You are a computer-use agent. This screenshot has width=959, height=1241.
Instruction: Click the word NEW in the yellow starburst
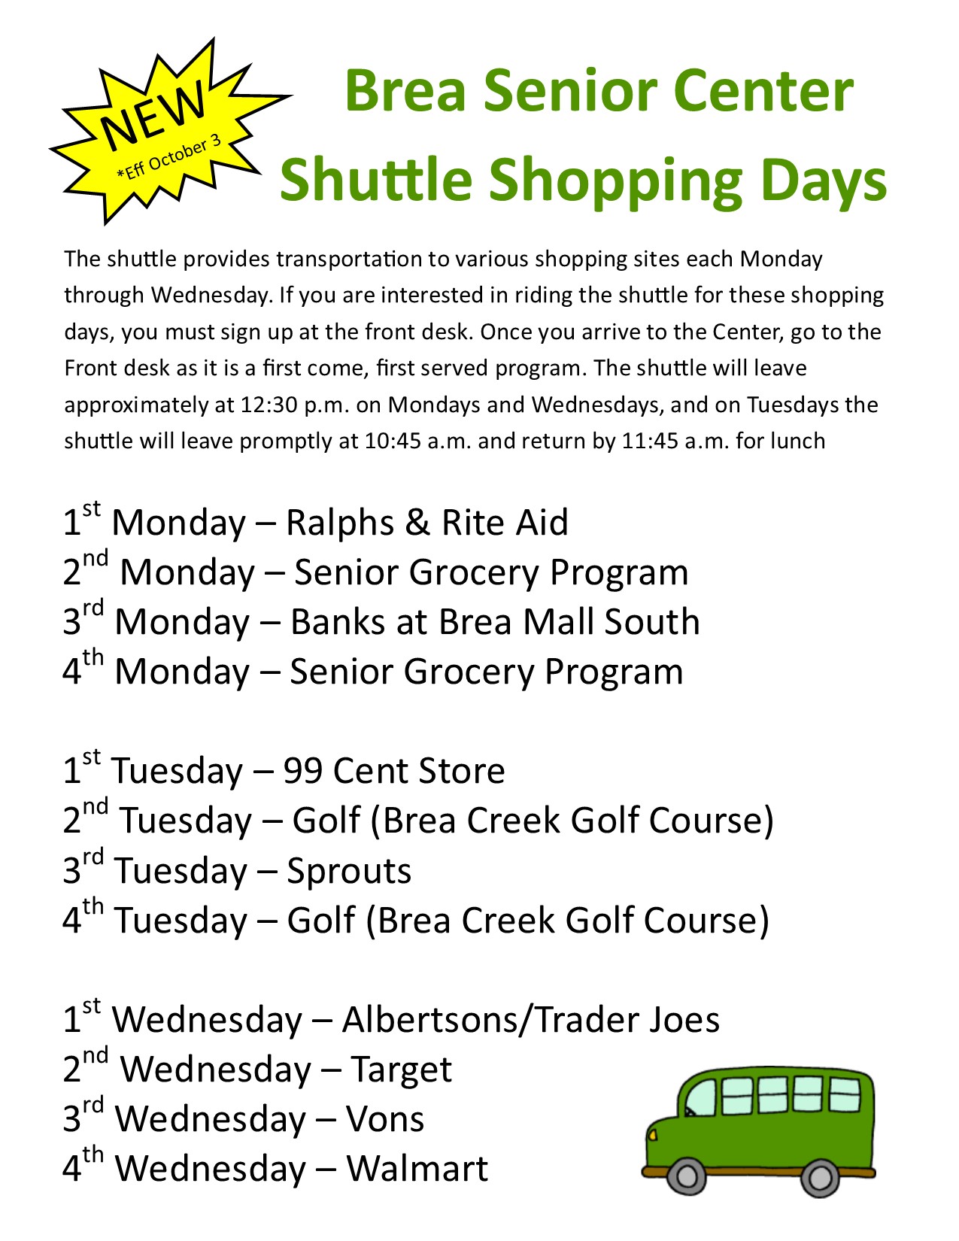tap(155, 114)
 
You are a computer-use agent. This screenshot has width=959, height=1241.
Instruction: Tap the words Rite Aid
tap(505, 523)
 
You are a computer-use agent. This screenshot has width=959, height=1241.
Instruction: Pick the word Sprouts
tap(349, 871)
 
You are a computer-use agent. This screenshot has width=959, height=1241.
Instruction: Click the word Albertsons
tap(435, 1020)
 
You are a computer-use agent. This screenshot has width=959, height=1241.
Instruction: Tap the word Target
tap(402, 1070)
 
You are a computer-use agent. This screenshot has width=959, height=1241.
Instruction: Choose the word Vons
tap(385, 1119)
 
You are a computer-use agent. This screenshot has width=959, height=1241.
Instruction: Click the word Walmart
tap(417, 1169)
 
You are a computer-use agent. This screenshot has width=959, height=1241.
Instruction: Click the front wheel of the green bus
tap(687, 1176)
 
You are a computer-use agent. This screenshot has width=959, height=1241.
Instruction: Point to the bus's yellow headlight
tap(653, 1133)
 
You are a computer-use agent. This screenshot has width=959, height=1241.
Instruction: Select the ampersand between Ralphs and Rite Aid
tap(417, 523)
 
